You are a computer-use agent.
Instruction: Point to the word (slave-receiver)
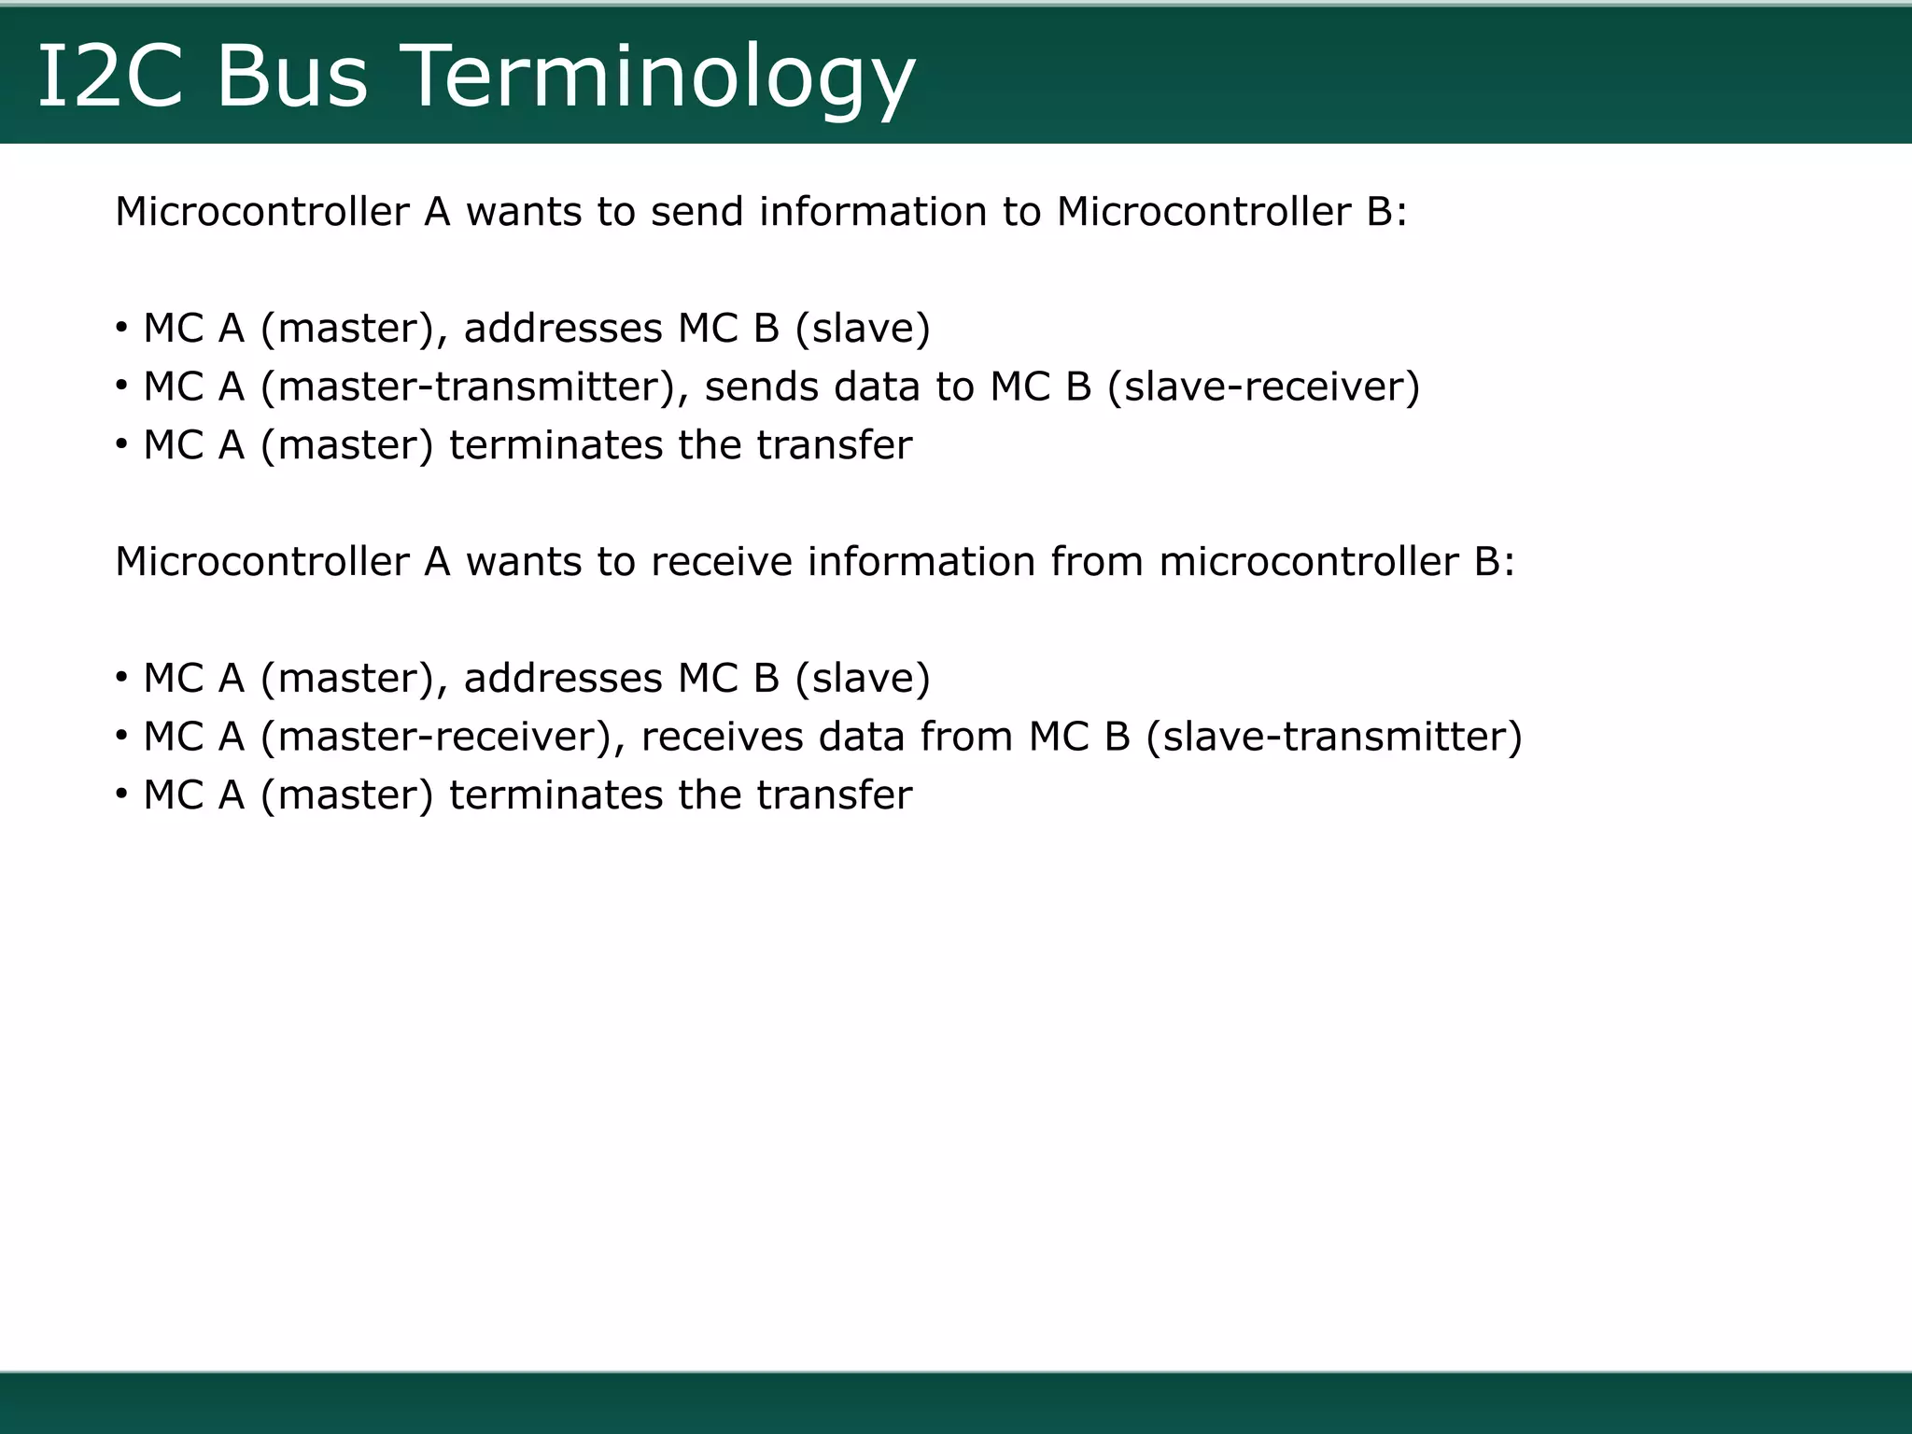click(x=1263, y=387)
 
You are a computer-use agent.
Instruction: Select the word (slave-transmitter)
click(x=1334, y=738)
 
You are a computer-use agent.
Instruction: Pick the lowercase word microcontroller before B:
click(x=1308, y=562)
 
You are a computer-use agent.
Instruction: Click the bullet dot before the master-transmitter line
click(x=121, y=386)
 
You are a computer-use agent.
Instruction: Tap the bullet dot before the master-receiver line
click(x=121, y=736)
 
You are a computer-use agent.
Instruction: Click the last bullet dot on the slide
click(x=121, y=794)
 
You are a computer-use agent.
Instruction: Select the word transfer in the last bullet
click(x=834, y=795)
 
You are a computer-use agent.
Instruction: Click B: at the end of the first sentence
click(x=1385, y=212)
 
